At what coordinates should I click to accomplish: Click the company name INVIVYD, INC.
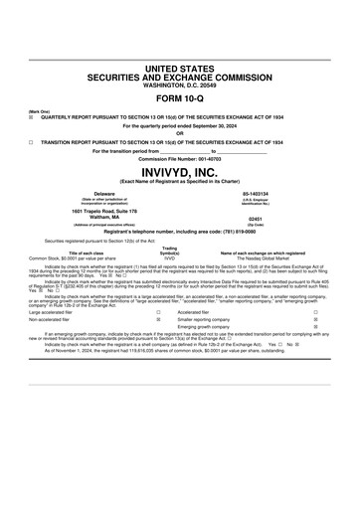pos(180,171)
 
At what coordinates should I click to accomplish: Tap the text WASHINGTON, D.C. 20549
pos(180,83)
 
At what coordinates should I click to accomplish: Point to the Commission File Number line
pos(180,158)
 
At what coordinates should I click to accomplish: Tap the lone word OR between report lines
pos(180,133)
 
